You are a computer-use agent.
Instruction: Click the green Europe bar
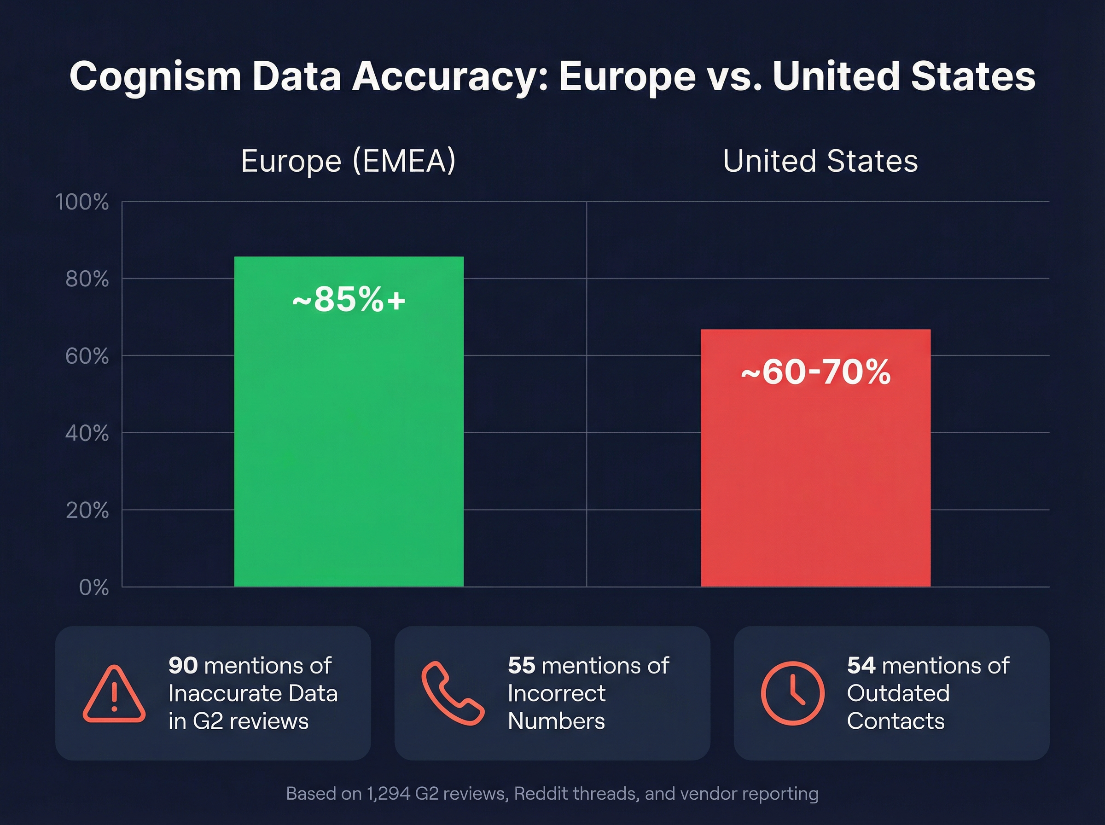(x=349, y=440)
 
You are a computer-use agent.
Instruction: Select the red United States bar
(x=815, y=475)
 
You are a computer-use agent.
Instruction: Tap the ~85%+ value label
(x=349, y=300)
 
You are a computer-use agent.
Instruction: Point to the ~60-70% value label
(x=815, y=372)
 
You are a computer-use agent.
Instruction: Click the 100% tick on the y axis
(x=82, y=202)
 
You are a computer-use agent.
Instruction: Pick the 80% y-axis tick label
(x=87, y=279)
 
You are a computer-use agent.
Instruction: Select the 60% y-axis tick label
(x=87, y=357)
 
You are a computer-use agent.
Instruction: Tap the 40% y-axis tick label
(x=87, y=434)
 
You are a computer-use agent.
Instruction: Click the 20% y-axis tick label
(x=87, y=511)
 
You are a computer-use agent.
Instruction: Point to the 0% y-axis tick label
(x=94, y=588)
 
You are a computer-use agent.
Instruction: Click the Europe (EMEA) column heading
(x=348, y=161)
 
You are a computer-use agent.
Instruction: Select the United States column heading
(x=820, y=161)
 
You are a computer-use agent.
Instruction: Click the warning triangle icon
(x=114, y=694)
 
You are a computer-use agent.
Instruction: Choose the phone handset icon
(x=453, y=693)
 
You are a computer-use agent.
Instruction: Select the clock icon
(x=792, y=693)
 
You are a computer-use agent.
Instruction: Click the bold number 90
(x=183, y=666)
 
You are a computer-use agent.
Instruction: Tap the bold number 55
(x=521, y=666)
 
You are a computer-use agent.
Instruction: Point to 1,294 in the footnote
(x=389, y=793)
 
